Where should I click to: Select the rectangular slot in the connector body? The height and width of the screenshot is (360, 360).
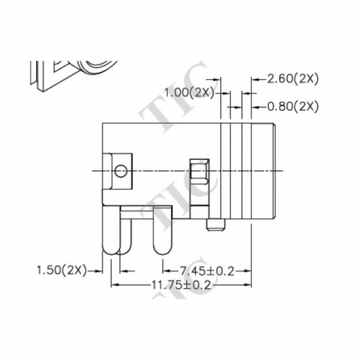click(198, 171)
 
